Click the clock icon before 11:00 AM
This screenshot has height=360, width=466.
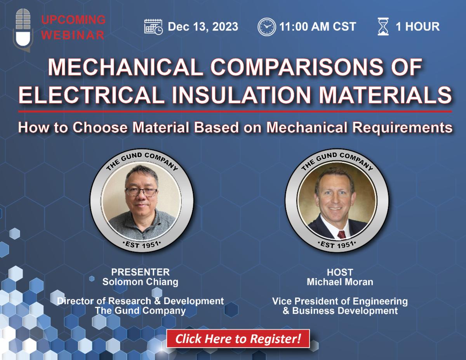point(266,27)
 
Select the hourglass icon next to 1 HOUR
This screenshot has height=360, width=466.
point(383,27)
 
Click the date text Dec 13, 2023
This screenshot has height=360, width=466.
point(203,27)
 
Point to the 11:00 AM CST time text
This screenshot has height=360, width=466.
point(318,27)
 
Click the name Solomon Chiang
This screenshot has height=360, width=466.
point(140,282)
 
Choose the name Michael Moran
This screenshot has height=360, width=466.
point(340,282)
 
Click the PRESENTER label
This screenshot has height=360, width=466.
point(140,272)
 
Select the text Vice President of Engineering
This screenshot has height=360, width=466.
point(340,301)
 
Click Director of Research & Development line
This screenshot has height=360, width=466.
point(140,301)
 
